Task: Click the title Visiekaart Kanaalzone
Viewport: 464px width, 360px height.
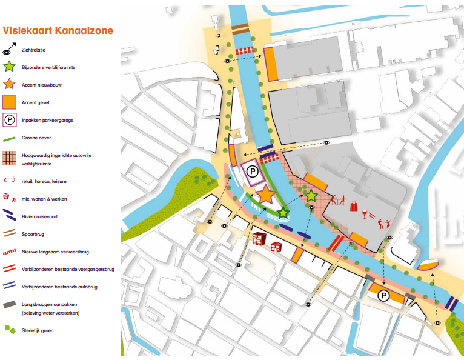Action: pos(58,30)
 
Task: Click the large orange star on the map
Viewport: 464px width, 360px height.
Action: pos(265,195)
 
